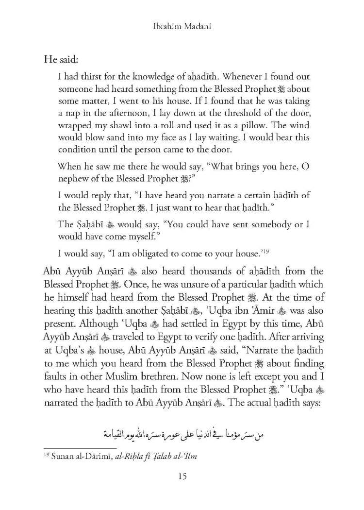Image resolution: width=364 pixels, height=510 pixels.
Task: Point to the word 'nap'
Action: click(73, 114)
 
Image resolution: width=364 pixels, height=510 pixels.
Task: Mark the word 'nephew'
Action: click(74, 178)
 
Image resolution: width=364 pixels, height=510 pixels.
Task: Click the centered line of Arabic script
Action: click(182, 432)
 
